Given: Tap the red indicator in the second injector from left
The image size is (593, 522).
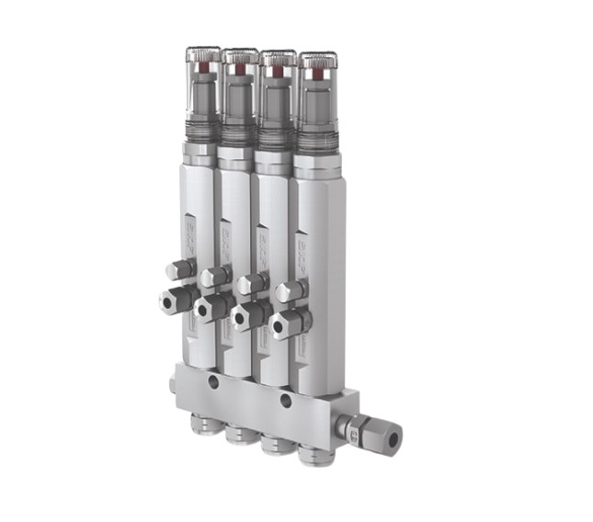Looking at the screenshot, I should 240,68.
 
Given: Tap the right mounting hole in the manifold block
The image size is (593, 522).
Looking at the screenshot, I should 285,400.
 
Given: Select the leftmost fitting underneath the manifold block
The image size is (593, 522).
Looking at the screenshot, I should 200,423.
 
